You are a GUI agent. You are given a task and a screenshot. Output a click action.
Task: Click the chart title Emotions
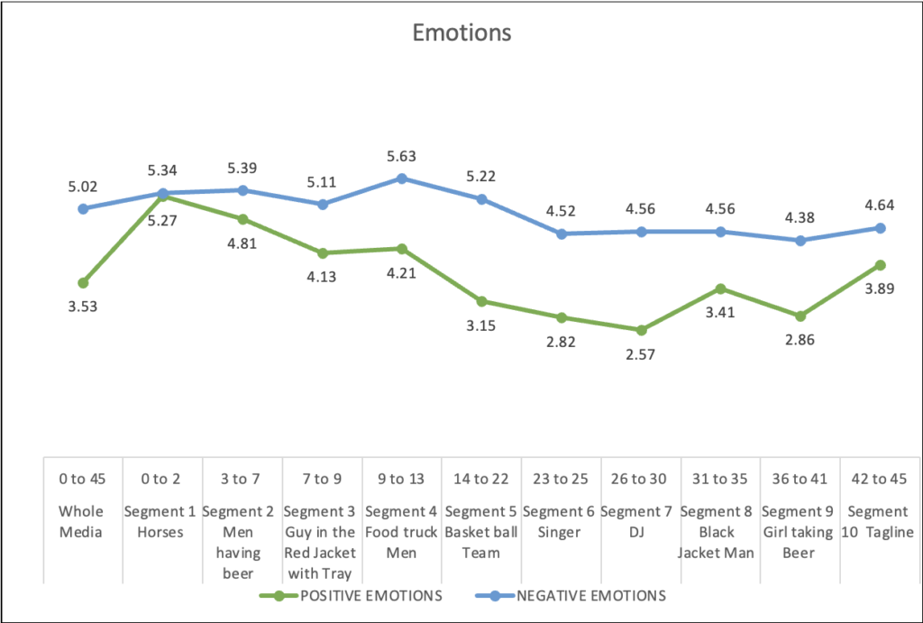tap(461, 33)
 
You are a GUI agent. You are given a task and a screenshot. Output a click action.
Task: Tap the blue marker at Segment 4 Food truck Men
tap(401, 179)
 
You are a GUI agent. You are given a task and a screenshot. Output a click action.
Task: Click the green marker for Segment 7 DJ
tap(641, 331)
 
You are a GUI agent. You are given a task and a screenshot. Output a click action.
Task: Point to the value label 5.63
tap(401, 157)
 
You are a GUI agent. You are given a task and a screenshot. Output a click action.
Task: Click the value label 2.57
tap(641, 354)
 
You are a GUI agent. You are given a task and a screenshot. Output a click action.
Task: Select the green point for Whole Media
tap(83, 283)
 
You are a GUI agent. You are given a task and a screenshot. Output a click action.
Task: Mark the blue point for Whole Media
tap(83, 208)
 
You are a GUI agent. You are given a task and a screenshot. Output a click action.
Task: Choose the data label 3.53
tap(82, 307)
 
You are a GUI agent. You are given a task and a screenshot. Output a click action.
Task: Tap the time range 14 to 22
tap(480, 478)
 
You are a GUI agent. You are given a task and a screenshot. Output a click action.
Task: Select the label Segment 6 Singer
tap(561, 522)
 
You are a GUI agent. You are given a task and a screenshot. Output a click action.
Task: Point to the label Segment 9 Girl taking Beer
tap(800, 532)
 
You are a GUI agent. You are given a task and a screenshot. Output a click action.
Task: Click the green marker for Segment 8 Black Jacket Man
tap(720, 289)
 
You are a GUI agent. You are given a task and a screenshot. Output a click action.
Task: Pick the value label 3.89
tap(881, 289)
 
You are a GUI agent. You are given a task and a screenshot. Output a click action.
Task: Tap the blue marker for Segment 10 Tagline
tap(881, 228)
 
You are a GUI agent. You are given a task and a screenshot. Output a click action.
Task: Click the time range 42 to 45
tap(881, 478)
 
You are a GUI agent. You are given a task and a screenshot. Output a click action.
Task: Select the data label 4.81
tap(242, 242)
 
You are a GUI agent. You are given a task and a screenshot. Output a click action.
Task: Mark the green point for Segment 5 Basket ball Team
tap(481, 301)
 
